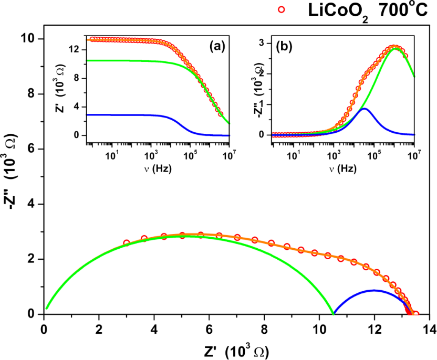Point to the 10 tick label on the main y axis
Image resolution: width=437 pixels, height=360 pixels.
(28, 39)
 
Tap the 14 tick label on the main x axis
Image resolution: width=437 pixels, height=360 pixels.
(428, 329)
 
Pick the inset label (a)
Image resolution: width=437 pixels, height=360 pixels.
(217, 46)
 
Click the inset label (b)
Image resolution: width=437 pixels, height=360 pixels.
(284, 46)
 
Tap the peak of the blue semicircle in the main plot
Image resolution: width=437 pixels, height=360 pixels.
(374, 290)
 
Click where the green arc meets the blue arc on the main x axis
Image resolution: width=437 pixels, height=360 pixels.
(333, 314)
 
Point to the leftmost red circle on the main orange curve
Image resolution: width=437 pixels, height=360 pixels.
(127, 243)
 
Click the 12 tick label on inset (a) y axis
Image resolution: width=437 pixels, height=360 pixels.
(74, 49)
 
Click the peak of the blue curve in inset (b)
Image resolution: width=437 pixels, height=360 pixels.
(364, 109)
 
